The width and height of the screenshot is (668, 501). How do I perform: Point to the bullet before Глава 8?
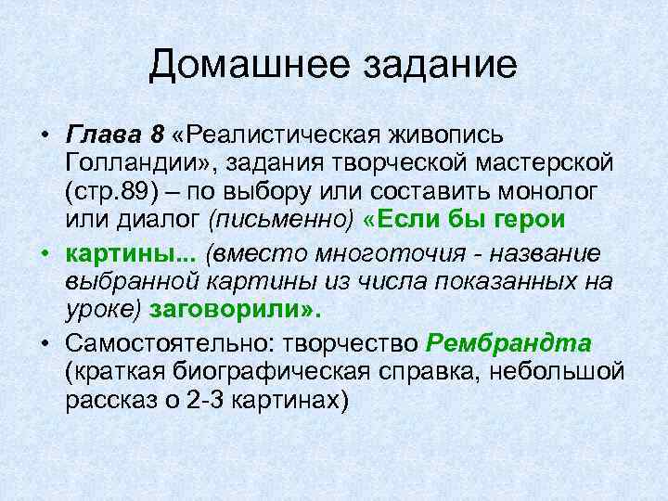44,136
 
